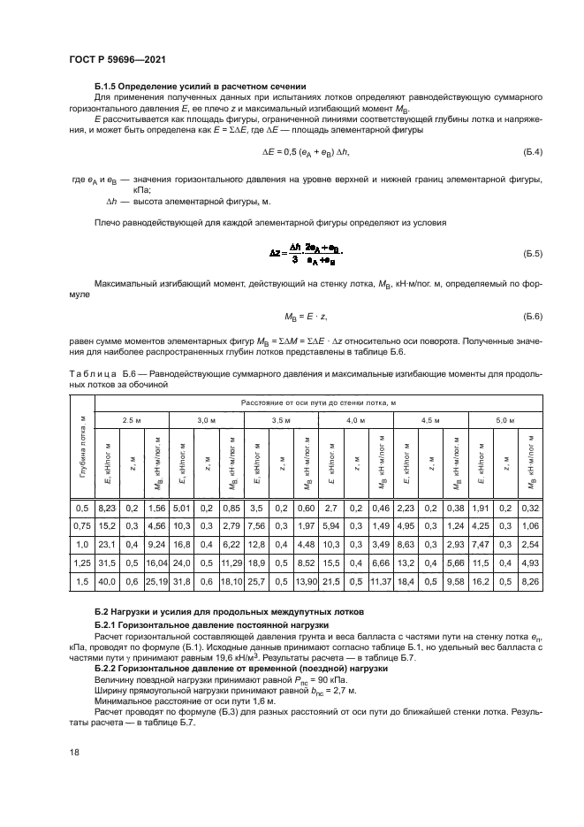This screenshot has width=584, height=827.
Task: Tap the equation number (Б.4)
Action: point(531,153)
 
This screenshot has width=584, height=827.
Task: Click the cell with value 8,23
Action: point(106,508)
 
